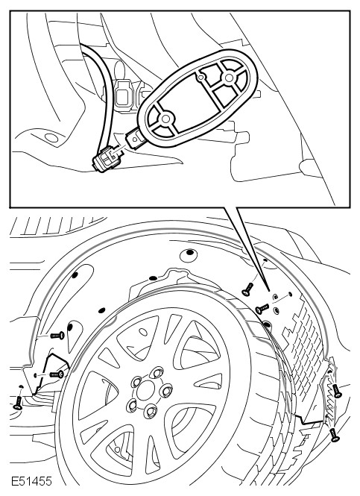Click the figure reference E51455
click(31, 481)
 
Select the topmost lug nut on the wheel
click(157, 373)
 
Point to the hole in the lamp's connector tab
click(135, 138)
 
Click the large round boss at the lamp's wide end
click(229, 77)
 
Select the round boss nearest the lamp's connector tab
click(165, 119)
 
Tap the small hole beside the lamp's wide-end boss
click(200, 77)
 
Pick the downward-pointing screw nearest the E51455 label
click(17, 402)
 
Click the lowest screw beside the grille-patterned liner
click(334, 435)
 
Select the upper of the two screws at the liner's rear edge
click(337, 391)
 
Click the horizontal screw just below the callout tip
click(262, 308)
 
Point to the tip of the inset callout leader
click(269, 290)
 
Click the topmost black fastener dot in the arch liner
click(189, 252)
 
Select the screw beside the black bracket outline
click(57, 374)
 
